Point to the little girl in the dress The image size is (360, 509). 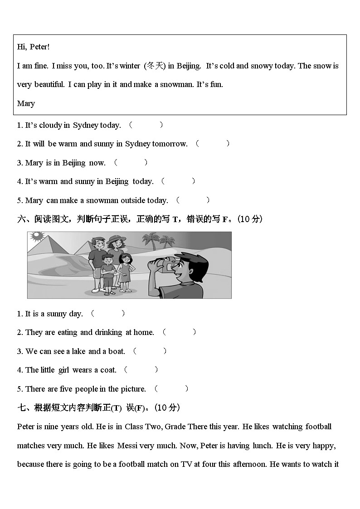(125, 270)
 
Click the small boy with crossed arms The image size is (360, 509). (107, 272)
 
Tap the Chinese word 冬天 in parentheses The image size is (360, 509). (155, 66)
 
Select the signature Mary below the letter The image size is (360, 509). (26, 103)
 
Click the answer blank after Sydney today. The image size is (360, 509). (146, 125)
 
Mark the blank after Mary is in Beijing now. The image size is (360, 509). (131, 162)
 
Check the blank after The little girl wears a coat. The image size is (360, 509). (141, 370)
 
